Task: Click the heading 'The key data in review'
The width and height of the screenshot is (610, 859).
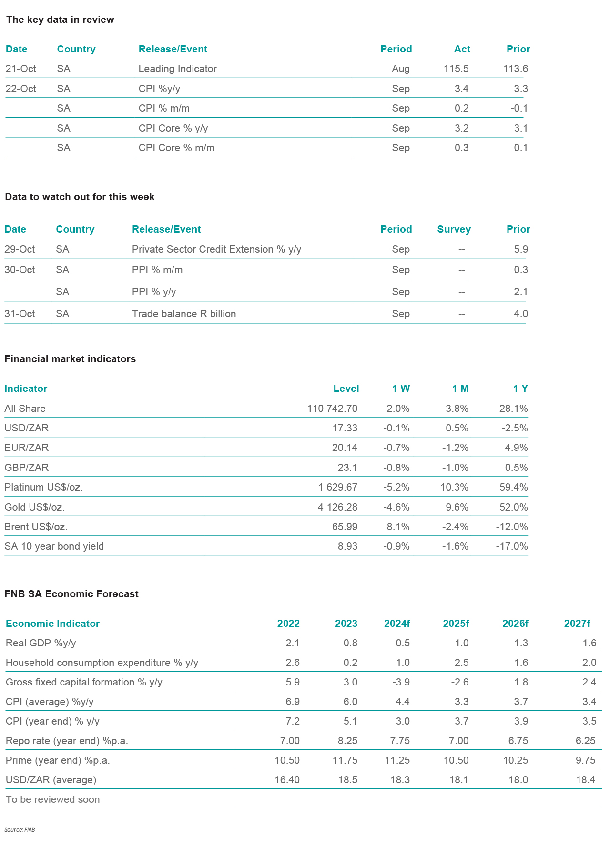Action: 60,20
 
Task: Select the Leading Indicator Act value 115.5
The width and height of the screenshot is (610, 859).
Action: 456,69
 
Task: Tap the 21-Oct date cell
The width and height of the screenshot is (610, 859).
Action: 21,69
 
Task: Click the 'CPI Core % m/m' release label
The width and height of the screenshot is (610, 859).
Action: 176,148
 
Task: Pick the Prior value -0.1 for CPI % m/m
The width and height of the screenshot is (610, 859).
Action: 519,108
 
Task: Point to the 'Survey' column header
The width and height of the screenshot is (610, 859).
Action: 454,229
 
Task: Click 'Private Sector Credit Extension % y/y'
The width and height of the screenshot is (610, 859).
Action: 216,249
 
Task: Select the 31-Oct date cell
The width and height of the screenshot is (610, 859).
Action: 20,314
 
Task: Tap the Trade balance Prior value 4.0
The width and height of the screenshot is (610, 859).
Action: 521,314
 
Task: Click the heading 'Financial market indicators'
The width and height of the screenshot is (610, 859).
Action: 70,359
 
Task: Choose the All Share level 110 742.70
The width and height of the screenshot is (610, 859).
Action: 332,409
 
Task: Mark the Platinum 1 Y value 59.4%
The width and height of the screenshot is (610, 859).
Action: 513,487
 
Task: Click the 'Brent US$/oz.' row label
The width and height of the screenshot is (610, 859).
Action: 36,527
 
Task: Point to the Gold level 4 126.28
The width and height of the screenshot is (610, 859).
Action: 337,507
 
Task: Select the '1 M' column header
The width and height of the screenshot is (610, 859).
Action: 460,389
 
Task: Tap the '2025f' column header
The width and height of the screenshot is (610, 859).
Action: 456,624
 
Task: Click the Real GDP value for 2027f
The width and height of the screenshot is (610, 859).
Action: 590,643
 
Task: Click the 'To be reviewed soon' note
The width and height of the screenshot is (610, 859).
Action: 53,799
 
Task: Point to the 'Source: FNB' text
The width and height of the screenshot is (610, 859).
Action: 20,830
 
